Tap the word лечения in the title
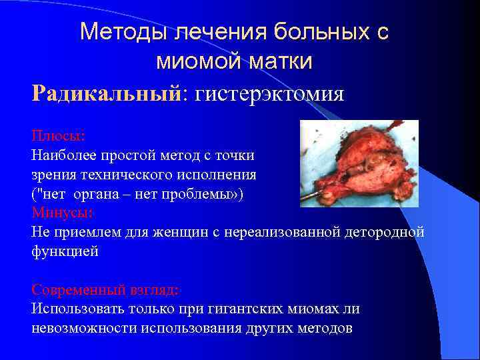pos(207,31)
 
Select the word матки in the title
pos(281,61)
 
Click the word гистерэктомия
pos(268,93)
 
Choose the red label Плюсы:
pos(58,135)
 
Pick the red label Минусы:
pos(62,213)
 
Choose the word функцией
pos(65,252)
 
